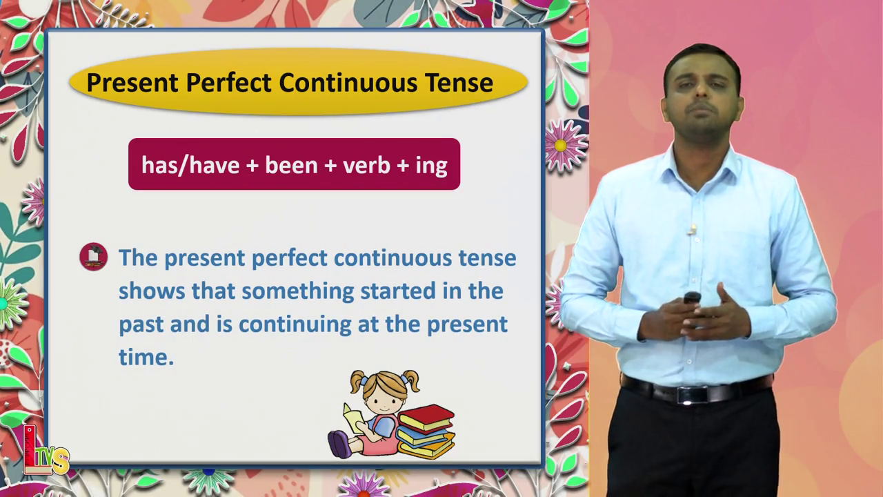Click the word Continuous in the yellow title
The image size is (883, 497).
point(348,83)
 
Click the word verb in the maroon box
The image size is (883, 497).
point(366,164)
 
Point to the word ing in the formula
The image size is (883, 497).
point(431,166)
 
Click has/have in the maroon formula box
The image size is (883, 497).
point(190,164)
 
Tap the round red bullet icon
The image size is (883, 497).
point(93,257)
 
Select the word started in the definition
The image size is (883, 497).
point(399,291)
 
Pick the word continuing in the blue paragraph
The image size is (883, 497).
point(295,325)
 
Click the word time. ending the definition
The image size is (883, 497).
point(146,357)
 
